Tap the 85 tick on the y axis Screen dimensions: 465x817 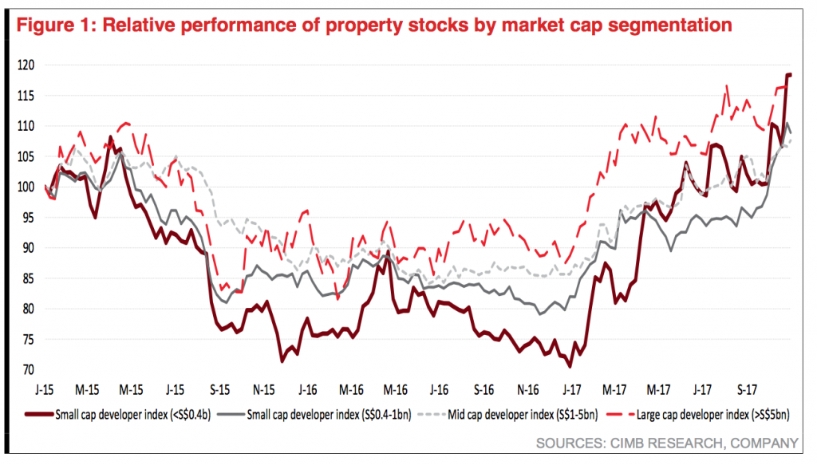[x=26, y=279]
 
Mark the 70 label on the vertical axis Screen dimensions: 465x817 [x=26, y=371]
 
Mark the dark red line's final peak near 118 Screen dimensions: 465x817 [x=789, y=74]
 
